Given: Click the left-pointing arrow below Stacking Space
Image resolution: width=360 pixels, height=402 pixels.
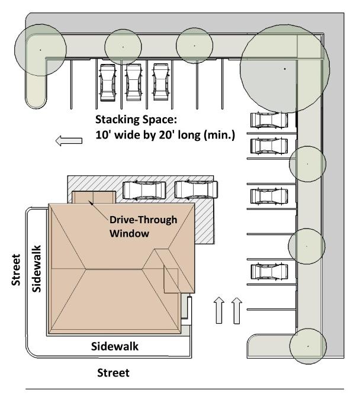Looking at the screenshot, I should [67, 140].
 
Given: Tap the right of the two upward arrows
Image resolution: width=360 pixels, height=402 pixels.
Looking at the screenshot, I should [236, 310].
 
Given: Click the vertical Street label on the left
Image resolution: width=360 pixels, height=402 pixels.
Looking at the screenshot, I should [17, 271].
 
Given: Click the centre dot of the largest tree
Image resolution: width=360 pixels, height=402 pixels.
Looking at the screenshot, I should [285, 69].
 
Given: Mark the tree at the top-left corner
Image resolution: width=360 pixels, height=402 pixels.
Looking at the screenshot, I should [40, 50].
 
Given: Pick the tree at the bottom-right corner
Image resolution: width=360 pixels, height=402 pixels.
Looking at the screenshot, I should [308, 345].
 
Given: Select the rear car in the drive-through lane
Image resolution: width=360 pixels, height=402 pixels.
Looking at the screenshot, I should [197, 190].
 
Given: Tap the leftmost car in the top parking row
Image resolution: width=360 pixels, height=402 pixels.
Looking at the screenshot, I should [108, 82].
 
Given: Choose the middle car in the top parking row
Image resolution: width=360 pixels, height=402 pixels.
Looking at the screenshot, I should [132, 82].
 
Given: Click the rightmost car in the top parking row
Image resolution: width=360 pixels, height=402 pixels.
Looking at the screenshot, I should [160, 80].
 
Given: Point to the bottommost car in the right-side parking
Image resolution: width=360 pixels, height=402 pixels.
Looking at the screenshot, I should [269, 272].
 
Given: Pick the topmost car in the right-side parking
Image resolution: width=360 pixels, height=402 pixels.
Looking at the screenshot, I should [269, 120].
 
